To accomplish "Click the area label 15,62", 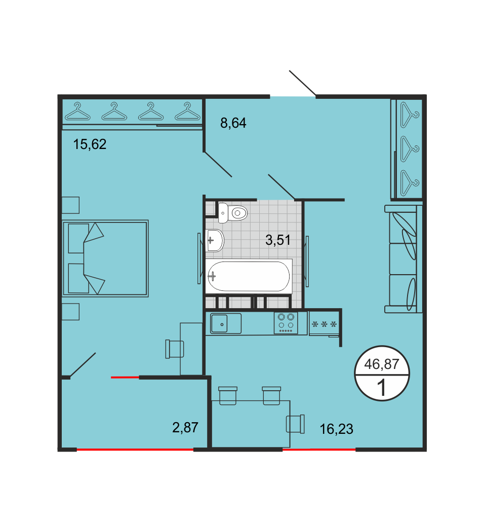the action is pyautogui.click(x=90, y=144).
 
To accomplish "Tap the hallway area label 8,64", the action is pyautogui.click(x=233, y=123).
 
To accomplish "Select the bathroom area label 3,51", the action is pyautogui.click(x=278, y=240).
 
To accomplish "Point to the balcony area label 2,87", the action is pyautogui.click(x=185, y=427).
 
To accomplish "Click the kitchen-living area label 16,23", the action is pyautogui.click(x=336, y=429).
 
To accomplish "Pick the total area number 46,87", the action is pyautogui.click(x=381, y=364).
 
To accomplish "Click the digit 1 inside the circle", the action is pyautogui.click(x=382, y=387).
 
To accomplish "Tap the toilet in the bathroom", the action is pyautogui.click(x=233, y=213).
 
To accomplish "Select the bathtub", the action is pyautogui.click(x=249, y=276).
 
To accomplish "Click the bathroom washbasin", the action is pyautogui.click(x=215, y=240).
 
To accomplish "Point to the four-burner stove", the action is pyautogui.click(x=286, y=323).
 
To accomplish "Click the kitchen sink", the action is pyautogui.click(x=225, y=323).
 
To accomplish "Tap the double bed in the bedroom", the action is pyautogui.click(x=105, y=258).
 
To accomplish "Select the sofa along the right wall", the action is pyautogui.click(x=403, y=259).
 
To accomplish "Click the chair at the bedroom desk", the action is pyautogui.click(x=175, y=349).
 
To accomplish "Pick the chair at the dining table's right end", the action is pyautogui.click(x=295, y=424).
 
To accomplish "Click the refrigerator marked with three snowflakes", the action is pyautogui.click(x=325, y=324).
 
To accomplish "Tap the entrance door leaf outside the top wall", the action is pyautogui.click(x=302, y=83).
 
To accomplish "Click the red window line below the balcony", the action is pyautogui.click(x=135, y=450).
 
